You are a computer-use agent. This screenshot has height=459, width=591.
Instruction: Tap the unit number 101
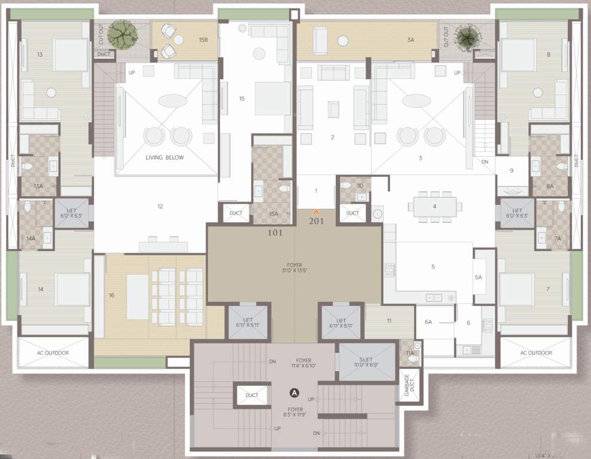[x=275, y=232]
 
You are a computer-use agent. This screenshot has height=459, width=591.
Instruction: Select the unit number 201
[x=316, y=221]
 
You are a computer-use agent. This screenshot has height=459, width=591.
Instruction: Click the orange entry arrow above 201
[x=316, y=212]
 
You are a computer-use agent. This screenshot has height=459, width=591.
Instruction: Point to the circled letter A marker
[x=294, y=393]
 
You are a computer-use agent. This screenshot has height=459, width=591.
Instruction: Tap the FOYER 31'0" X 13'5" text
[x=294, y=268]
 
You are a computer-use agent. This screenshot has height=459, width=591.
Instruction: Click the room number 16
[x=111, y=295]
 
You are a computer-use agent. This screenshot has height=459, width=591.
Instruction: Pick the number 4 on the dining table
[x=434, y=206]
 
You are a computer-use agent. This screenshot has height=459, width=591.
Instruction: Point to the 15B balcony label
[x=203, y=40]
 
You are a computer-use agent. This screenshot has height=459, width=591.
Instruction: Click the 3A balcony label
[x=411, y=40]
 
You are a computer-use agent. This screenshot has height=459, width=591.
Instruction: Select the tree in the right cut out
[x=466, y=37]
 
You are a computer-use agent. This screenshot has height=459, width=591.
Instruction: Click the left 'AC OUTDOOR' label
[x=53, y=353]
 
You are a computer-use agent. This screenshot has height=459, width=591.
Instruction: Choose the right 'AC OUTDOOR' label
[x=536, y=353]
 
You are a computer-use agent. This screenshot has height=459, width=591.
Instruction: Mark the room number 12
[x=160, y=207]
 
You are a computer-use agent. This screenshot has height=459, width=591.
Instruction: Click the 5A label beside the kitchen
[x=478, y=277]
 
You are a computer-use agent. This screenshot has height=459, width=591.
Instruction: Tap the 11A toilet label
[x=409, y=353]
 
